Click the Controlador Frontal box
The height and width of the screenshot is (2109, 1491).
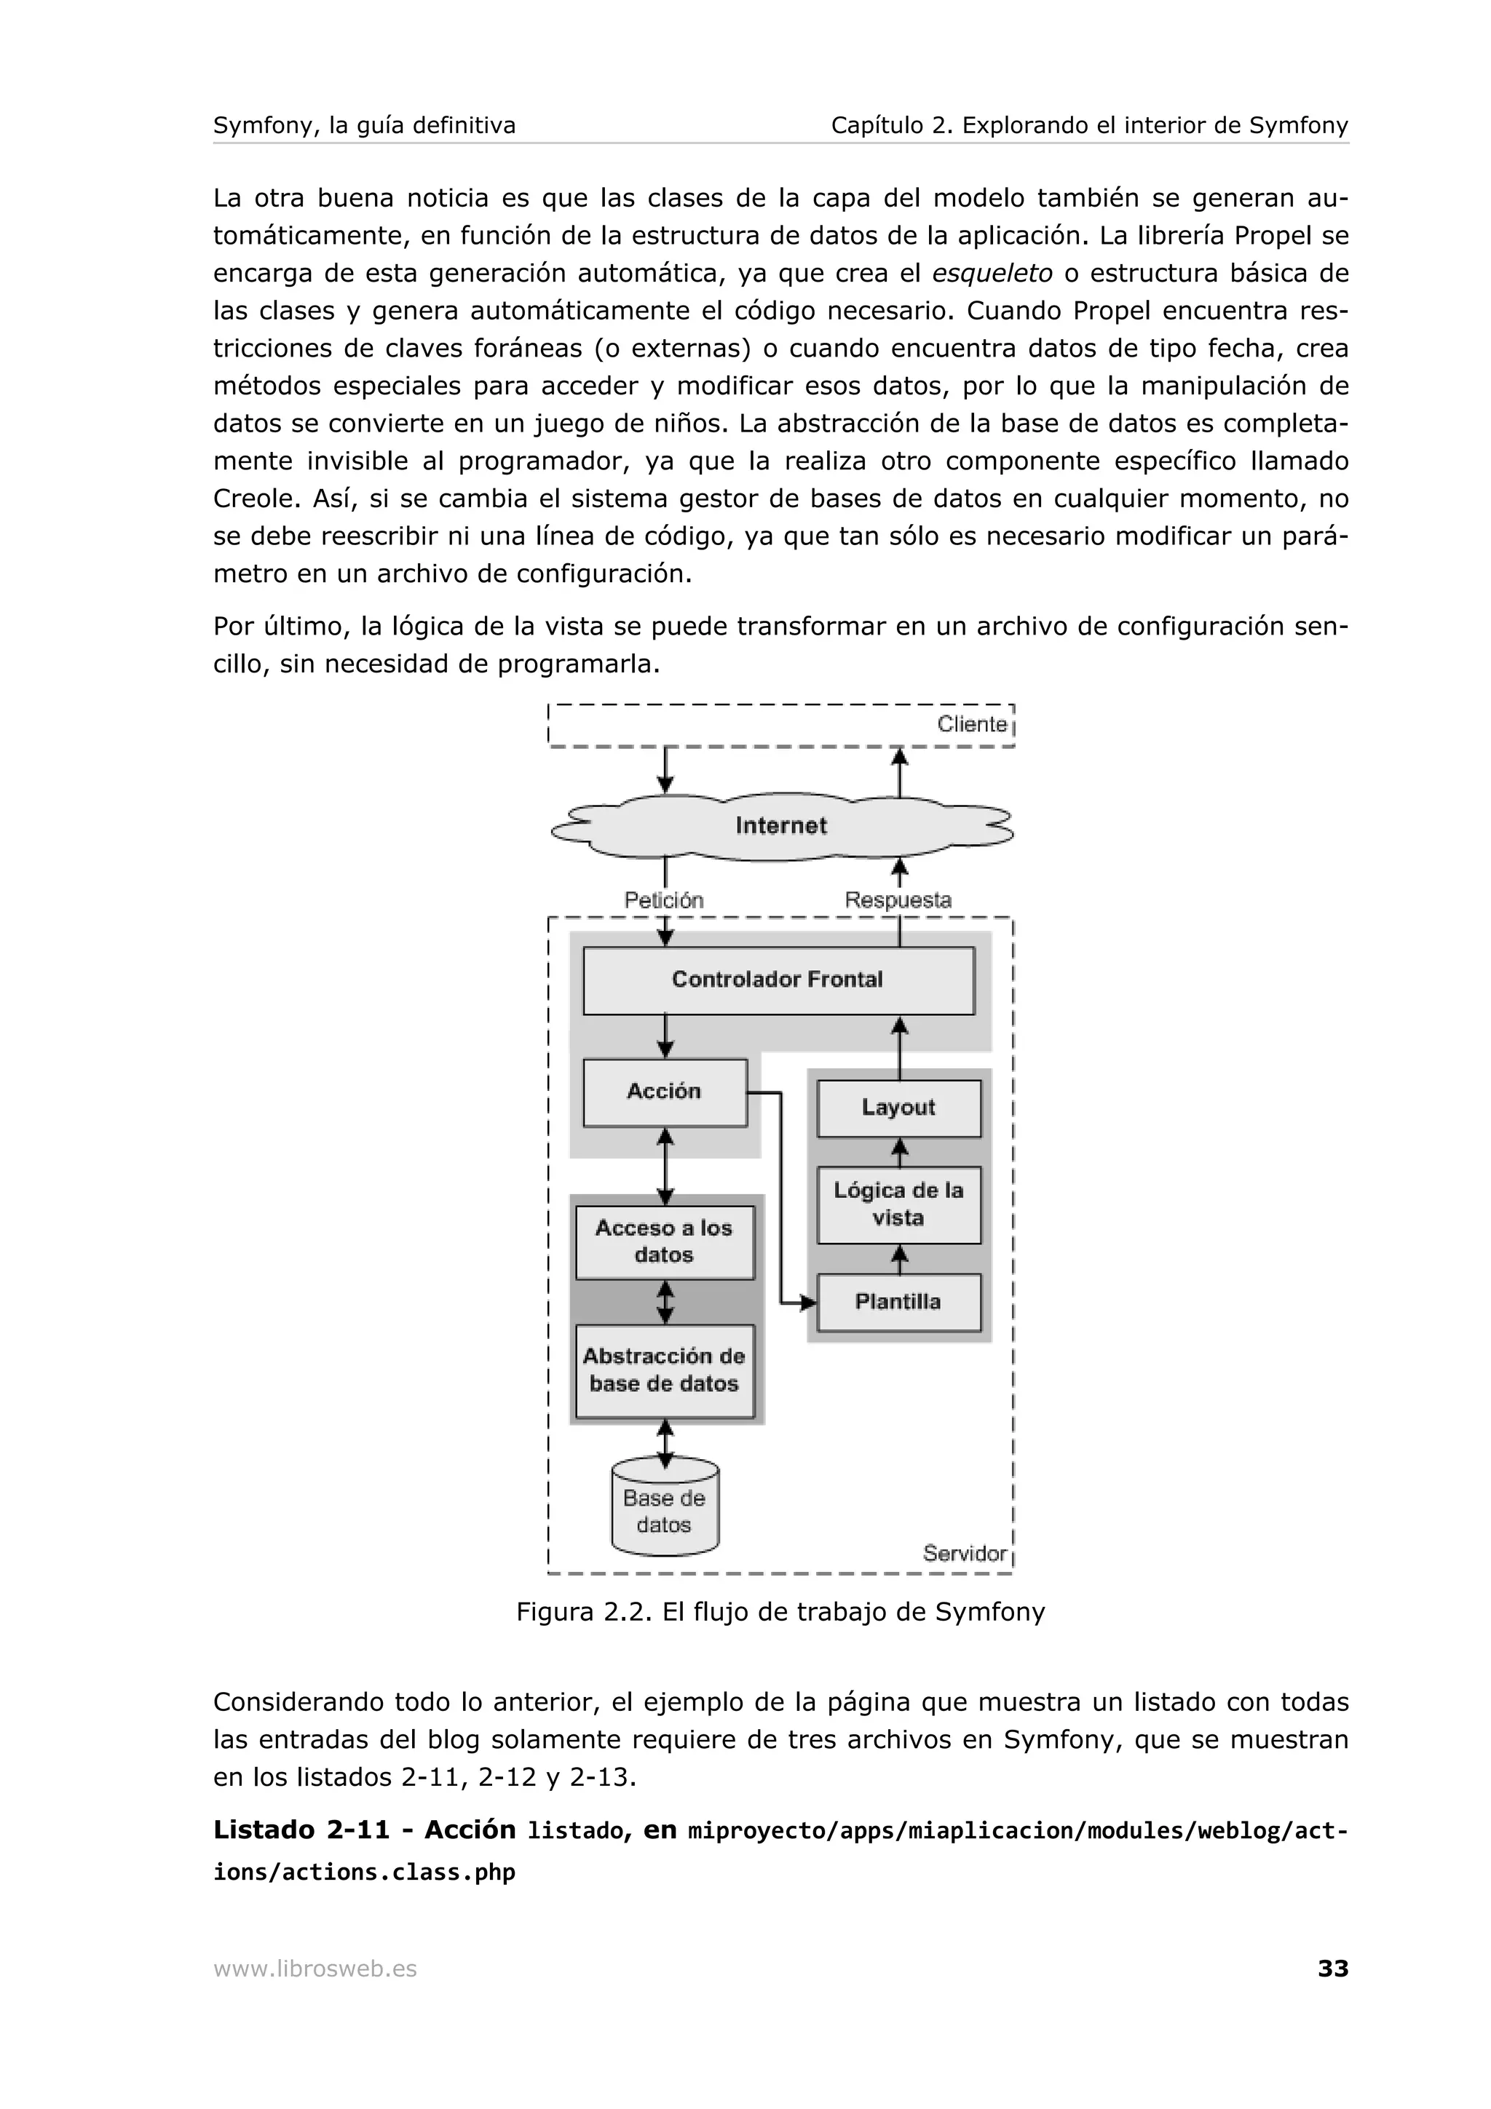click(778, 980)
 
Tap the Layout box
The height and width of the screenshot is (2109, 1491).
click(898, 1108)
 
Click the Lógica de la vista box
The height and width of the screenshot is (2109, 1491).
click(898, 1204)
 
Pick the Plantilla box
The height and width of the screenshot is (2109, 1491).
click(898, 1302)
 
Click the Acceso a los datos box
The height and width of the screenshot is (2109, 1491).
click(664, 1242)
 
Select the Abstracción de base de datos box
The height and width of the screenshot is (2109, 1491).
click(664, 1370)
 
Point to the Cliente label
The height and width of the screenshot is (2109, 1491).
click(972, 724)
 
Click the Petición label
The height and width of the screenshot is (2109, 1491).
click(664, 900)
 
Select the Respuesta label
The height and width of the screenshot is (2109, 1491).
click(898, 900)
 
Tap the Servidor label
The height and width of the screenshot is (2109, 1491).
click(965, 1553)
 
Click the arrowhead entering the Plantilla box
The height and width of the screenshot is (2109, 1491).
click(808, 1303)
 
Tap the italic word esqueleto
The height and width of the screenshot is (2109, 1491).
click(992, 274)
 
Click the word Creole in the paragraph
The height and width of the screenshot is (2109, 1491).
click(256, 499)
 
